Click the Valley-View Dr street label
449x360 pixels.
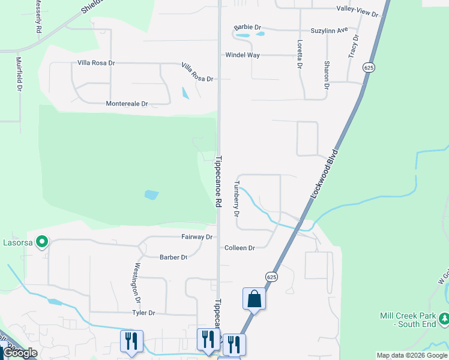coord(358,13)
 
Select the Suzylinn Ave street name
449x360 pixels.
coord(329,29)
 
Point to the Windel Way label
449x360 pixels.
coord(243,55)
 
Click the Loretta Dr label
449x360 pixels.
coord(299,54)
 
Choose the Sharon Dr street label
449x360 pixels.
coord(327,75)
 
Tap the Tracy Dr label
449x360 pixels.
coord(354,46)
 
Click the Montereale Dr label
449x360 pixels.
coord(127,104)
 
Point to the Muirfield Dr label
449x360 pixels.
coord(19,74)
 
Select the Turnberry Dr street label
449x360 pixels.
coord(237,199)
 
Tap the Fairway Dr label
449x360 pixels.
coord(197,237)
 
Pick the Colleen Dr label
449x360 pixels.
coord(240,248)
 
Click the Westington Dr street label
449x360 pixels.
coord(137,283)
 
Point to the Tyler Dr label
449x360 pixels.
coord(143,313)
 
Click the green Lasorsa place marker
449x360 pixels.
coord(42,242)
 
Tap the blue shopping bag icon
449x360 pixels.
coord(254,298)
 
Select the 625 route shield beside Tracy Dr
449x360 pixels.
coord(369,68)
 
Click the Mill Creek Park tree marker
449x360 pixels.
coord(443,317)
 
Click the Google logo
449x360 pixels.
coord(20,353)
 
